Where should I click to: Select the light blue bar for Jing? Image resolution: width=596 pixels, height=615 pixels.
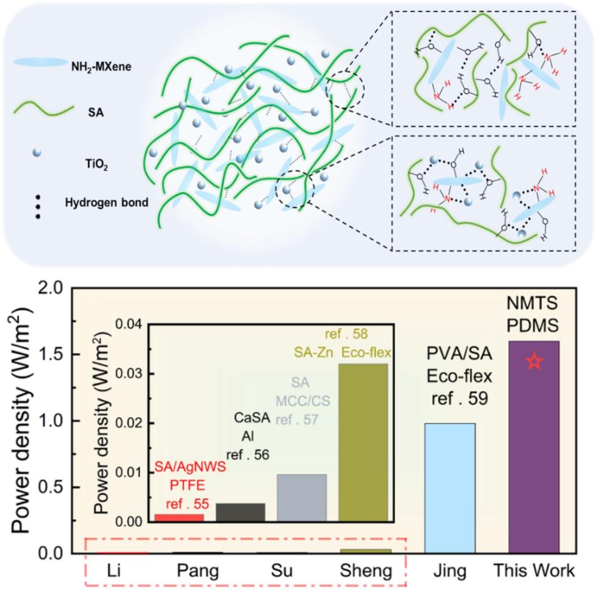pyautogui.click(x=450, y=487)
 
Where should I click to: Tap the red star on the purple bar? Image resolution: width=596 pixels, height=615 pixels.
pyautogui.click(x=534, y=361)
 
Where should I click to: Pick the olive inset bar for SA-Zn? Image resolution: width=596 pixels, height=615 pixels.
pyautogui.click(x=363, y=442)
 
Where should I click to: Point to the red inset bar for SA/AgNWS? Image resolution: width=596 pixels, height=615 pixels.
pyautogui.click(x=179, y=517)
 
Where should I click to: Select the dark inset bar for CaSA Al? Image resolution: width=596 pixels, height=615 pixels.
pyautogui.click(x=240, y=512)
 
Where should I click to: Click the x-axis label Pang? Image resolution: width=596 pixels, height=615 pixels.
pyautogui.click(x=197, y=571)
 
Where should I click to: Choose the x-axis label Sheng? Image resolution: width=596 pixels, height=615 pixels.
pyautogui.click(x=365, y=571)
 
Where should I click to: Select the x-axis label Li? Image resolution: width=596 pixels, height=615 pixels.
pyautogui.click(x=116, y=571)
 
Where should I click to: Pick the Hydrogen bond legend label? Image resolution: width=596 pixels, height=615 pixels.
pyautogui.click(x=107, y=202)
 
